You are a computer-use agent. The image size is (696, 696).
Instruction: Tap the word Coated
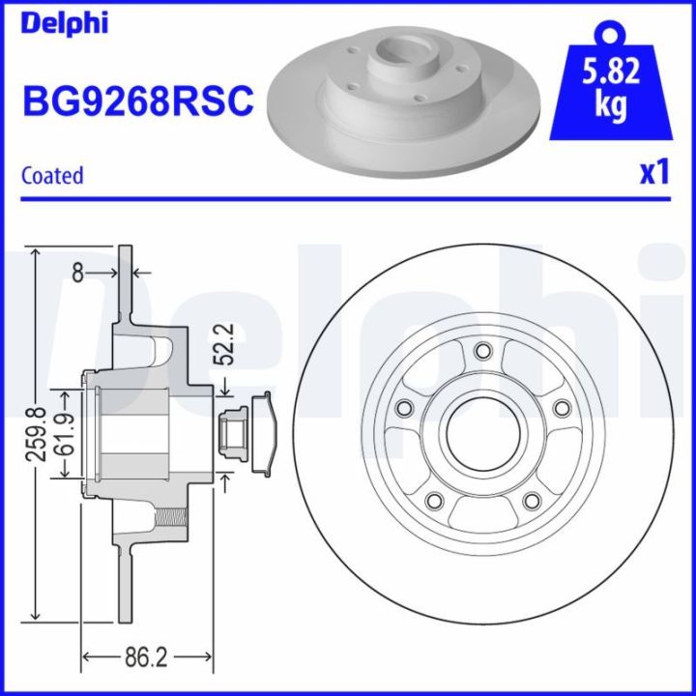coord(52,175)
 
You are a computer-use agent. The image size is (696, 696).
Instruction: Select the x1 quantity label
coord(654,172)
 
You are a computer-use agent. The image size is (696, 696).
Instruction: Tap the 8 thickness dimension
coord(78,274)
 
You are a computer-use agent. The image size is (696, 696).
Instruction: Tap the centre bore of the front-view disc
coord(480,432)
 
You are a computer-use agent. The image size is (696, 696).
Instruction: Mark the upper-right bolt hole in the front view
coord(557,409)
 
